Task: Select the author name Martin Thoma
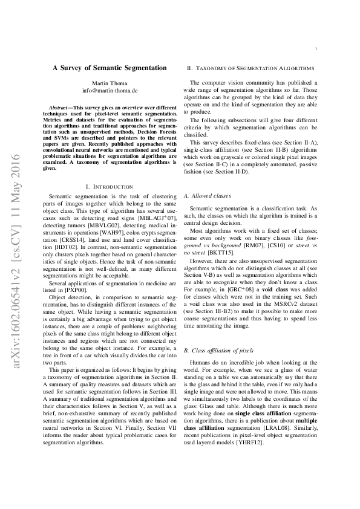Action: click(x=110, y=82)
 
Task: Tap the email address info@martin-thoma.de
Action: click(x=110, y=90)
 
